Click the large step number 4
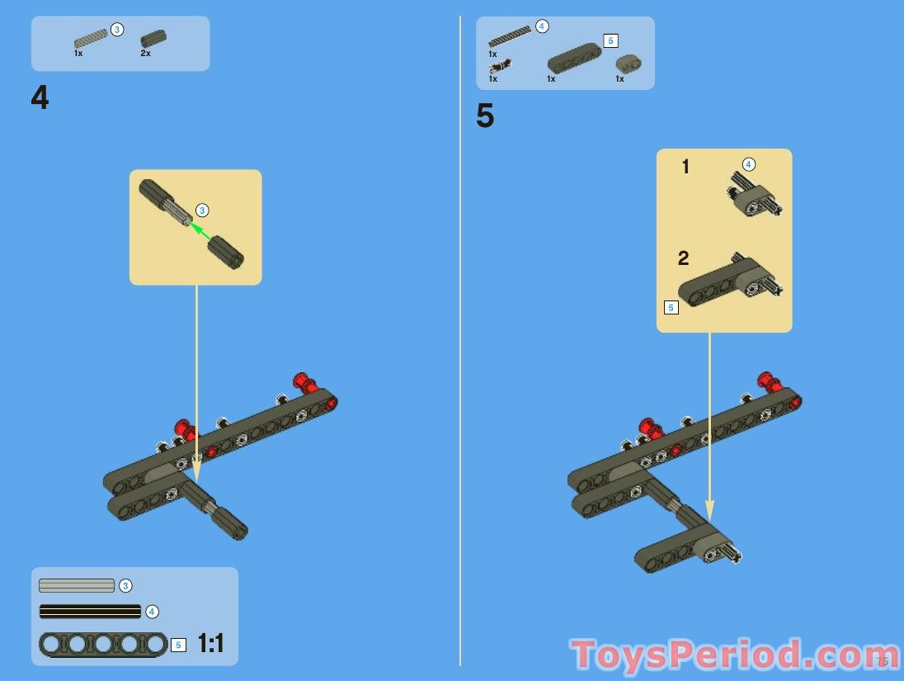[x=40, y=98]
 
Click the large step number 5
[x=485, y=116]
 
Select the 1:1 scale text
[x=210, y=644]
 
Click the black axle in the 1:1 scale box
[x=90, y=612]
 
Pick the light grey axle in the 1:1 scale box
[x=77, y=585]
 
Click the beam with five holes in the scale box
[x=102, y=644]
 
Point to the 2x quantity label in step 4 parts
[x=145, y=53]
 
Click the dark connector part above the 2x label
[x=153, y=38]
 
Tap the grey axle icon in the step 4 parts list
[x=90, y=37]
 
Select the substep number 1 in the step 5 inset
[x=685, y=168]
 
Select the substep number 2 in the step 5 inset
[x=683, y=258]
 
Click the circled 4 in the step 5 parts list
[x=542, y=26]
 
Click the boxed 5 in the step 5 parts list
[x=610, y=40]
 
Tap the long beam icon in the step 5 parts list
[x=574, y=58]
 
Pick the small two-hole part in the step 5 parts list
[x=629, y=64]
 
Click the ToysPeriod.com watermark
[x=734, y=655]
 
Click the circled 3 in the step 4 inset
[x=202, y=210]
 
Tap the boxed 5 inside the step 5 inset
[x=671, y=308]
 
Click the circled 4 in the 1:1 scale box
[x=152, y=612]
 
